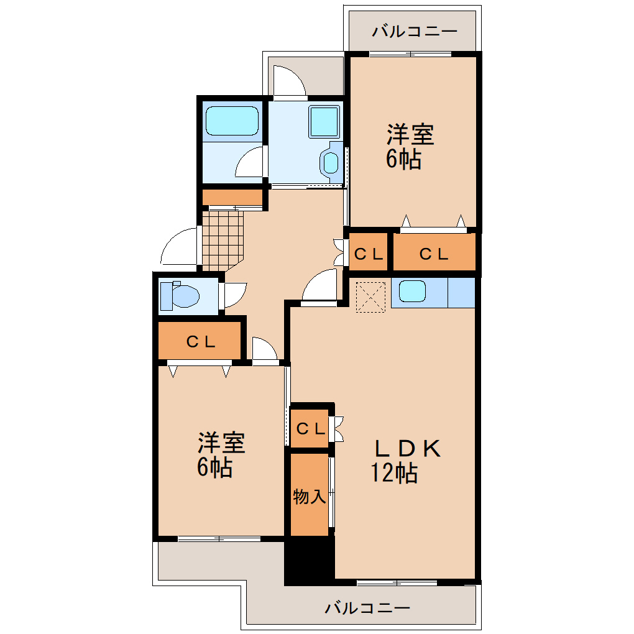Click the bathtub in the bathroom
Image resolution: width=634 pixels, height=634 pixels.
[231, 121]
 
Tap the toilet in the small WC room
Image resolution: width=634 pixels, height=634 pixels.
[180, 295]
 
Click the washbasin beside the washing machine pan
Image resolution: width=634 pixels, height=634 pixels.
[330, 162]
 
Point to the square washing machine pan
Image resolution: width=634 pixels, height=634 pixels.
[323, 121]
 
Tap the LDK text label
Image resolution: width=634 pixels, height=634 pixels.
[407, 448]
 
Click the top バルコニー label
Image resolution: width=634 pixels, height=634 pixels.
[415, 31]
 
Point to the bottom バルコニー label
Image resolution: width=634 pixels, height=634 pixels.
[367, 607]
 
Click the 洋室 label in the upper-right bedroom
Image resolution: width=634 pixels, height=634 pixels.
[410, 134]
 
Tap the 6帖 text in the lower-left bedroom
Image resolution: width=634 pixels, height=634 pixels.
[215, 467]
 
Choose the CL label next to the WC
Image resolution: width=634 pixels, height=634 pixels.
[201, 341]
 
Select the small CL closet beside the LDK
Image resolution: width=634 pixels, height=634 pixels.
[310, 428]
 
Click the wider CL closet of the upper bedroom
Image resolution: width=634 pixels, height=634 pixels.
[433, 254]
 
